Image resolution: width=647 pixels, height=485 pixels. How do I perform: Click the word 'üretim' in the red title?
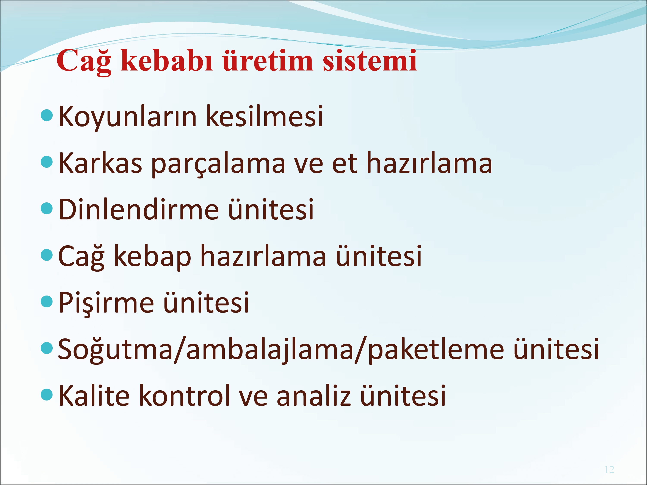[268, 61]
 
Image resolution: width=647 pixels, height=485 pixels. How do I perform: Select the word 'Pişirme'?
[106, 303]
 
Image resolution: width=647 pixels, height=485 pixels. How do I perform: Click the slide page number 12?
[609, 469]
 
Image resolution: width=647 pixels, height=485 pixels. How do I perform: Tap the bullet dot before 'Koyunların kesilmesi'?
[47, 115]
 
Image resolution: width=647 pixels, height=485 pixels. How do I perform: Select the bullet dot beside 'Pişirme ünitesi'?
[47, 302]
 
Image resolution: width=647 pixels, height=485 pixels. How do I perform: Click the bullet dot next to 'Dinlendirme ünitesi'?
[47, 208]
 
